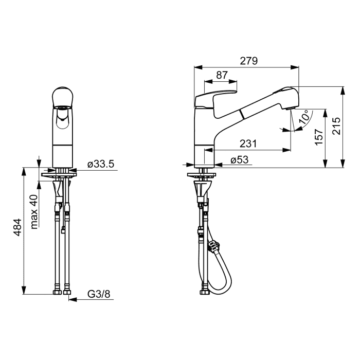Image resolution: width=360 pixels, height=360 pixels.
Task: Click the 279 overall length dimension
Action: tap(249, 61)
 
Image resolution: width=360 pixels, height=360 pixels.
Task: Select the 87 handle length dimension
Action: tap(222, 75)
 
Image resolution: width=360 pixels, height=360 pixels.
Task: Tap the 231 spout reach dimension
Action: tap(248, 143)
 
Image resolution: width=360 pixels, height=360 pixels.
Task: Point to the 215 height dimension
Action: tap(336, 126)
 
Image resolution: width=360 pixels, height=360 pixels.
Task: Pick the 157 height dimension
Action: tap(319, 137)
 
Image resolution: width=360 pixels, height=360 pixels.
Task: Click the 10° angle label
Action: tap(304, 117)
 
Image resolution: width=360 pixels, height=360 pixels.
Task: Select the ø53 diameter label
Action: tap(240, 159)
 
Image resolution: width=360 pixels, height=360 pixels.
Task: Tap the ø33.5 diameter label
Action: tap(101, 164)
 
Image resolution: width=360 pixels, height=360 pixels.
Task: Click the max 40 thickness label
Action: tap(34, 212)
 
